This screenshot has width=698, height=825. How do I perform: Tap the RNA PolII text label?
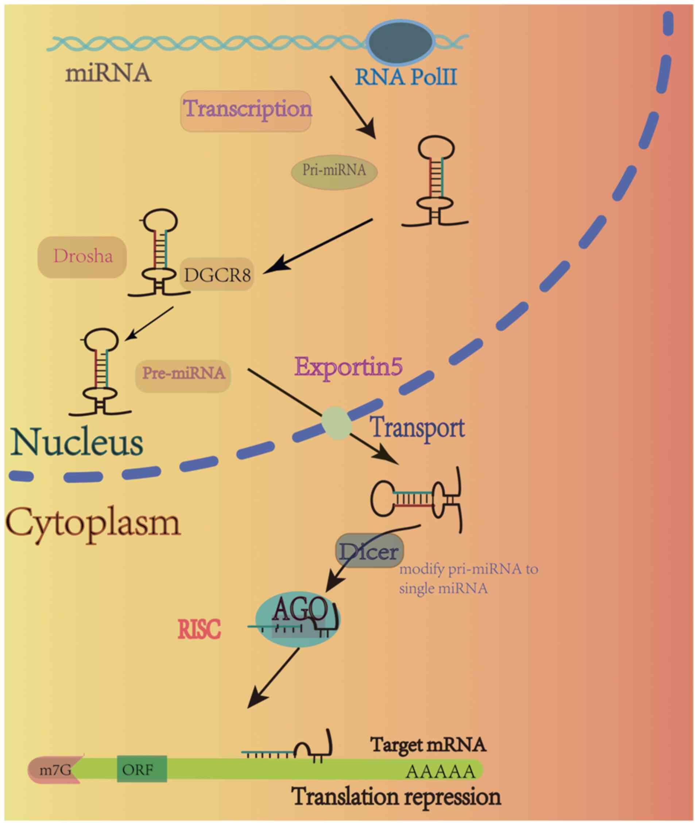point(406,77)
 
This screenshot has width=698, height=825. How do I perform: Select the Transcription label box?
point(246,111)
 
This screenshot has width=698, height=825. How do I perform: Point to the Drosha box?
point(83,257)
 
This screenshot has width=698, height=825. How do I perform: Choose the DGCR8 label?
point(217,275)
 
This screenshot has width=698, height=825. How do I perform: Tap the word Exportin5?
point(349,368)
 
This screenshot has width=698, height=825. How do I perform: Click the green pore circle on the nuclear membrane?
point(336,423)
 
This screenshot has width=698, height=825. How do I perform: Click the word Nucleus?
point(78,443)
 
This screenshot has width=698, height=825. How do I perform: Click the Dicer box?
point(369,551)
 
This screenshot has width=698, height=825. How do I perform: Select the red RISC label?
point(199,630)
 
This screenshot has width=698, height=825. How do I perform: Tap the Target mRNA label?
point(428,745)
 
